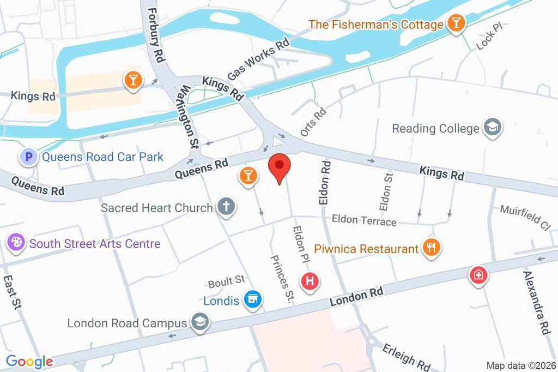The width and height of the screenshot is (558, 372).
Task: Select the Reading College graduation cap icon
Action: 493,128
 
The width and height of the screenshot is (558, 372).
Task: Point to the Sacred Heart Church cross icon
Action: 226,207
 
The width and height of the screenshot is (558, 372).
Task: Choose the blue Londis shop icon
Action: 253,299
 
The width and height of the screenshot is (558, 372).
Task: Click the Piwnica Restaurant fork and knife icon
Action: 432,248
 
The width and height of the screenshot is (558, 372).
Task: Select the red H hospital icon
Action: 311,281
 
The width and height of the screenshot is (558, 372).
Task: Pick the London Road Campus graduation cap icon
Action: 200,322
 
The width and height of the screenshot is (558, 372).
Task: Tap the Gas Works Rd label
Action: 258,59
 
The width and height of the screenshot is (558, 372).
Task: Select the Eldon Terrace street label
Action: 364,220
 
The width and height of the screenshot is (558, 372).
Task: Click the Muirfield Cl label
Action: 525,217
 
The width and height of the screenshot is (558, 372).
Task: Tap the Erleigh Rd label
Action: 406,356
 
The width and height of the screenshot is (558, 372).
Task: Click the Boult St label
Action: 226,282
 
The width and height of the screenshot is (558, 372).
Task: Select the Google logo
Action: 29,361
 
